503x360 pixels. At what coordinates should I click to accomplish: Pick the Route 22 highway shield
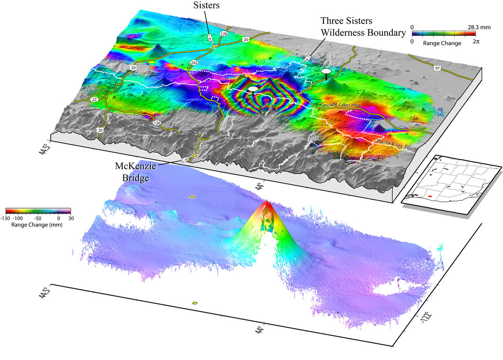click(94, 100)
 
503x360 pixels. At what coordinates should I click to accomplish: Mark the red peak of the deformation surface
click(267, 203)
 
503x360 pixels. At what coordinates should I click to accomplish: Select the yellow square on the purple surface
click(191, 196)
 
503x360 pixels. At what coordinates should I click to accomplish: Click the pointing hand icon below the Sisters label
click(209, 37)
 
